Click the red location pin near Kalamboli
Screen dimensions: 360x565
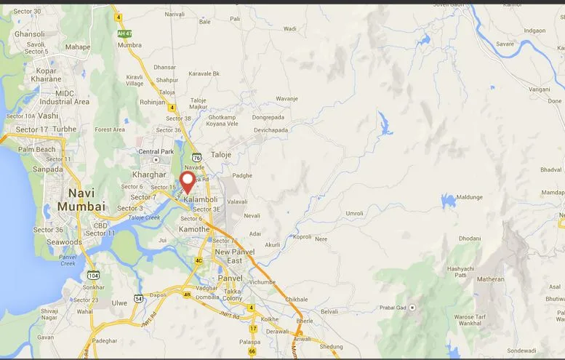tap(188, 181)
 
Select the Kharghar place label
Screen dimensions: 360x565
tap(150, 175)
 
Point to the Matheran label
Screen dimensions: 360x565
tap(490, 279)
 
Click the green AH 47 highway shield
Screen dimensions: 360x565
tap(125, 33)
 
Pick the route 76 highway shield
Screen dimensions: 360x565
tap(196, 156)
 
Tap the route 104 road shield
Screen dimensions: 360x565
tap(92, 275)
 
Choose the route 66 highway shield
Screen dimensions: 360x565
tap(252, 351)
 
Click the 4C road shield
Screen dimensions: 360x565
tap(198, 260)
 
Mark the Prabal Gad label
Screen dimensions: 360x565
tap(393, 308)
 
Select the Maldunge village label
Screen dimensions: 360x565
tap(469, 197)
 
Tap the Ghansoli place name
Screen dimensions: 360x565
tap(29, 34)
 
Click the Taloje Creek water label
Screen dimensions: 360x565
tap(143, 217)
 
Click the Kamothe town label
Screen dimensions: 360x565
tap(194, 229)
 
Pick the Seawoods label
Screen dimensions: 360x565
tap(65, 242)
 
